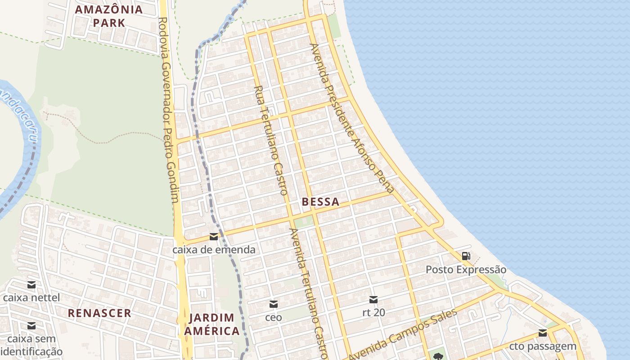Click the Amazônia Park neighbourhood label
[x=108, y=16]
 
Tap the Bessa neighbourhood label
[x=320, y=202]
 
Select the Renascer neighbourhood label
[x=99, y=313]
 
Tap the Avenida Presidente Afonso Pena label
[x=352, y=118]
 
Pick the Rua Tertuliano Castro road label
[x=271, y=140]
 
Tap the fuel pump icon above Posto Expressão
[x=466, y=256]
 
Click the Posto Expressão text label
[x=466, y=270]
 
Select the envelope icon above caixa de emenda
[x=214, y=237]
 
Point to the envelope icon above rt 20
[x=373, y=300]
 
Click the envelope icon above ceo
[x=273, y=305]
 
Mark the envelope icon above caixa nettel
[x=31, y=285]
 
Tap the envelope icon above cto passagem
[x=543, y=333]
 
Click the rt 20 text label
[x=373, y=312]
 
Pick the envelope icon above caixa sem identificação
[x=31, y=326]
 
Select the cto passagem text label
[x=543, y=346]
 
